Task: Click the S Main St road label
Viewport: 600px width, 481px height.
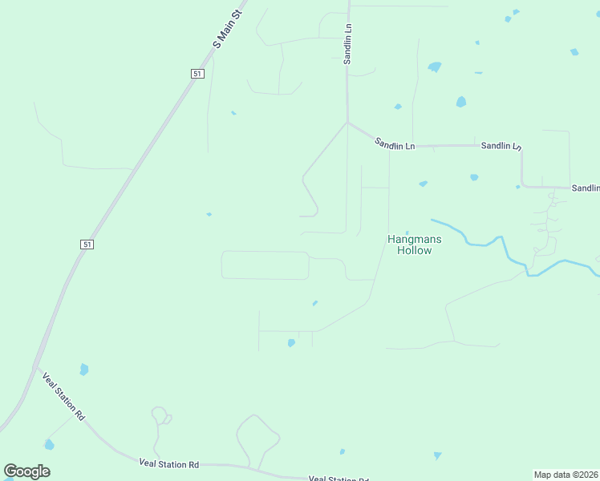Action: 227,30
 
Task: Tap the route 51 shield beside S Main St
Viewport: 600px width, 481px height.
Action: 198,73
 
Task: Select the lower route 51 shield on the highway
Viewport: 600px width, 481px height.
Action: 87,244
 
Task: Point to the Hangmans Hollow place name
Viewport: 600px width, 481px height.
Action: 415,245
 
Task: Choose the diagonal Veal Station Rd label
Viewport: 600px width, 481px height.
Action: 63,396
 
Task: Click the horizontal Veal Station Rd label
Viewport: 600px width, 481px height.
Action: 168,463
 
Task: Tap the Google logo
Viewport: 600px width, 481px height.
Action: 27,471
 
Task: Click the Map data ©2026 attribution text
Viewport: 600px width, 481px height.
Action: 566,475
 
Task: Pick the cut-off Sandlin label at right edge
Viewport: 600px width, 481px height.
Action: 586,188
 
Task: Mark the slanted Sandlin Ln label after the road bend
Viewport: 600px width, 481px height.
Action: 395,143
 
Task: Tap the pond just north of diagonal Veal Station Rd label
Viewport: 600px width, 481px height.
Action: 84,370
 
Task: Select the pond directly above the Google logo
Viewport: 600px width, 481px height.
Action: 50,444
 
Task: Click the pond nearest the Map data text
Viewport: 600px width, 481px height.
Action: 437,455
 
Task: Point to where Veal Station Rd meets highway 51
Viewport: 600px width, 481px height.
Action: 35,368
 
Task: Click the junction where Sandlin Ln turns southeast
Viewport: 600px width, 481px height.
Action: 347,123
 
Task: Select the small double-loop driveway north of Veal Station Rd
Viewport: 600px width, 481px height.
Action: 160,415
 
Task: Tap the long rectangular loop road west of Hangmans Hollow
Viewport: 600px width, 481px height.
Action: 265,265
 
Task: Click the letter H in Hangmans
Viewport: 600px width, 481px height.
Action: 391,239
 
